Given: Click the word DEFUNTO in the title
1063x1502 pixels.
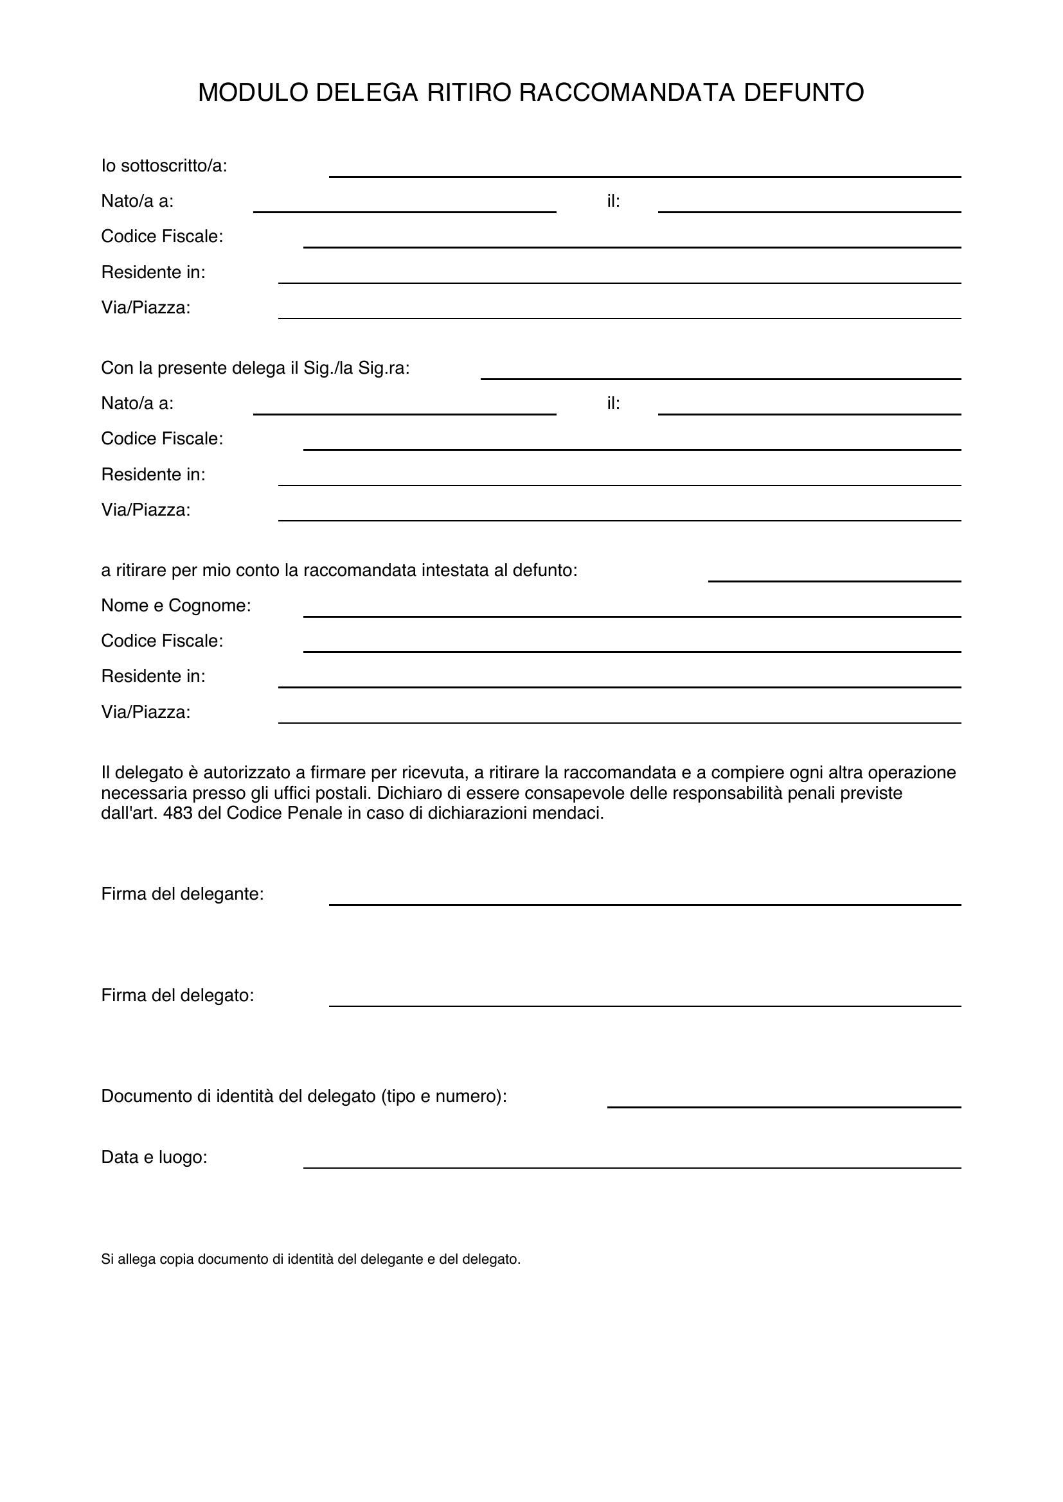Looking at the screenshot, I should click(803, 93).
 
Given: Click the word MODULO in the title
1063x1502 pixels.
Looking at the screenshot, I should click(253, 93).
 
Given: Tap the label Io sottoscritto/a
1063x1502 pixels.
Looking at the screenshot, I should click(165, 166).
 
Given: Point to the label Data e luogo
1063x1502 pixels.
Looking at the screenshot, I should click(154, 1157).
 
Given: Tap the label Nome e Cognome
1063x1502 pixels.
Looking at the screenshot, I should click(176, 606).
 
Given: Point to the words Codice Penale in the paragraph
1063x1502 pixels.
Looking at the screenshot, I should click(278, 814).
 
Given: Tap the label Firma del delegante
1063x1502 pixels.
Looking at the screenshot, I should click(183, 895).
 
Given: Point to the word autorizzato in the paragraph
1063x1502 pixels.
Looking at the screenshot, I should click(246, 773).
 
